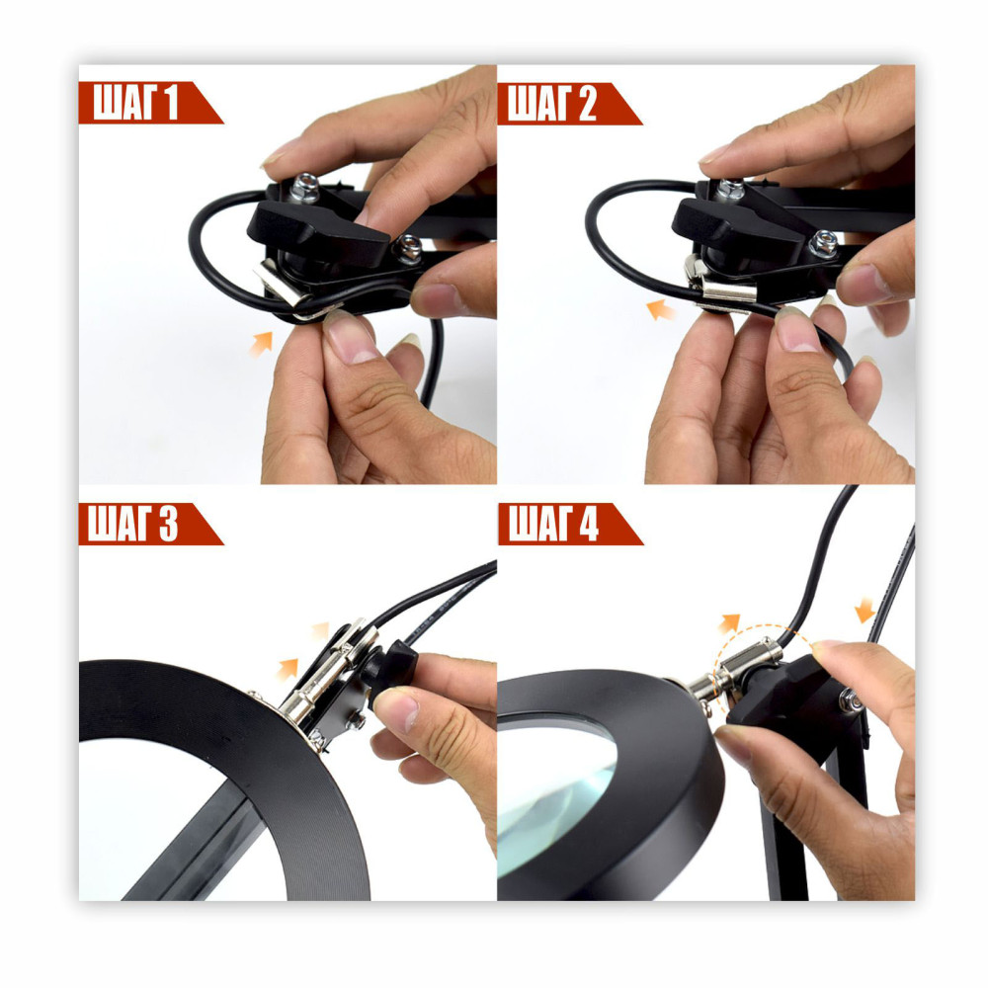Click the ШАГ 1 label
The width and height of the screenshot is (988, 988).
pos(136,102)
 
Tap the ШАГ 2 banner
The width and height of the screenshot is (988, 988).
pos(551,103)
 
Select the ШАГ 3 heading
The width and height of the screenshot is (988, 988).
pos(133,524)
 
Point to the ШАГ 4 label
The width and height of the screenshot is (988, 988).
pos(552,524)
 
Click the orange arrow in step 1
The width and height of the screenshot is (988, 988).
pos(260,344)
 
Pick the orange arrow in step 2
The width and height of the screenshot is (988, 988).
pos(660,310)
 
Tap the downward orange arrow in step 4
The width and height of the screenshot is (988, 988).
pos(865,610)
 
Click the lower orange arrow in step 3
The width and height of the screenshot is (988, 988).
pos(288,668)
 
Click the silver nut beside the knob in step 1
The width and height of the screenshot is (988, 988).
pos(409,248)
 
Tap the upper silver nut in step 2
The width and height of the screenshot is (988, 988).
pos(731,189)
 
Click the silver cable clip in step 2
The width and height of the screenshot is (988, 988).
pos(721,287)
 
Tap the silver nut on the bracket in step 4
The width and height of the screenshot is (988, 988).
pos(852,700)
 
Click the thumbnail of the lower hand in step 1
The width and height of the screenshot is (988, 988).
pos(351,340)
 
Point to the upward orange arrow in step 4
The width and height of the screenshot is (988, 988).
pos(729,623)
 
